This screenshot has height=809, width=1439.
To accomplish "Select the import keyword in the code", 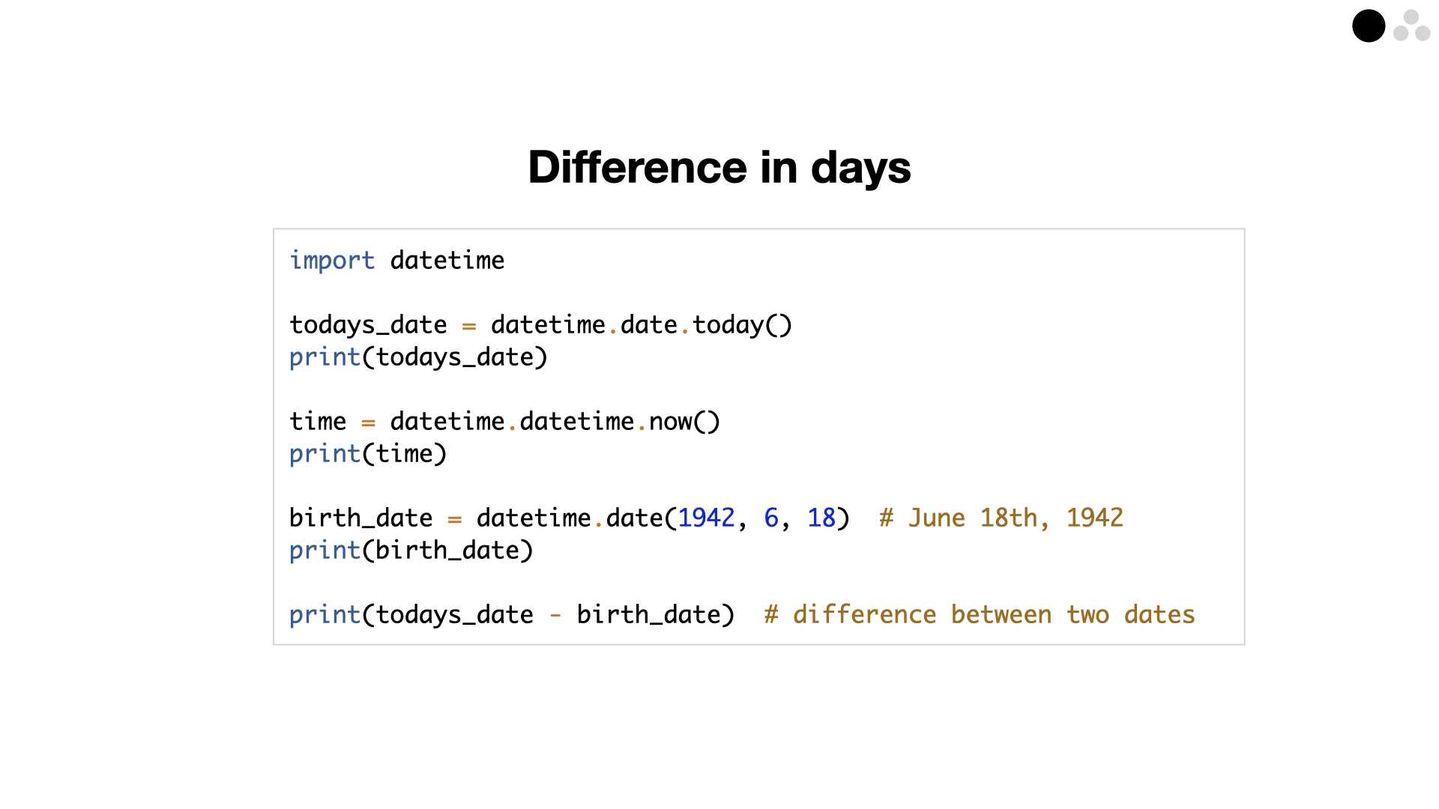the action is click(x=332, y=261).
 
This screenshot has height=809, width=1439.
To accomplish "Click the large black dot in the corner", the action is click(x=1369, y=26).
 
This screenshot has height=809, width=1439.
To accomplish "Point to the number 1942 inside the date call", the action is click(x=706, y=518).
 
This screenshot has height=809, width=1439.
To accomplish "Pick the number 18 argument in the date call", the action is click(x=821, y=518).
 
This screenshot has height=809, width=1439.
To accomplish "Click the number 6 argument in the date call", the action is click(x=771, y=518).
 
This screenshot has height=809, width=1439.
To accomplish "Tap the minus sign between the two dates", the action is click(x=555, y=616).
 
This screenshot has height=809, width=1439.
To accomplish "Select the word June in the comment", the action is click(x=937, y=518).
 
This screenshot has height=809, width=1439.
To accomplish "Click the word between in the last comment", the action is click(x=1001, y=615).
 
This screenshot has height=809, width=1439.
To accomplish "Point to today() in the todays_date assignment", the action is click(x=742, y=325).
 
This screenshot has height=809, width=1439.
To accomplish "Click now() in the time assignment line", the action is click(x=685, y=422).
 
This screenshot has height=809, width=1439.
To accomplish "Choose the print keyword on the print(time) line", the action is click(x=325, y=455).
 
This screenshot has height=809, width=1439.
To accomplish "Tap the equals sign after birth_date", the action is click(x=454, y=518).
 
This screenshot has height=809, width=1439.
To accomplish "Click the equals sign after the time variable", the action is click(x=368, y=422).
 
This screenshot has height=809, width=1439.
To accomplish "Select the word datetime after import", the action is click(x=447, y=261).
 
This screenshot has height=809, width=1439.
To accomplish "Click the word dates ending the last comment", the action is click(x=1159, y=615).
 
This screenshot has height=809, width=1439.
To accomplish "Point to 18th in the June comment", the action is click(x=1009, y=518).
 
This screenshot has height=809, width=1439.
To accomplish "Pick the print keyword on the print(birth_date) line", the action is click(x=325, y=551).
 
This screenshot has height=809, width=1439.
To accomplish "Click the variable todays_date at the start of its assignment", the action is click(x=368, y=326).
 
